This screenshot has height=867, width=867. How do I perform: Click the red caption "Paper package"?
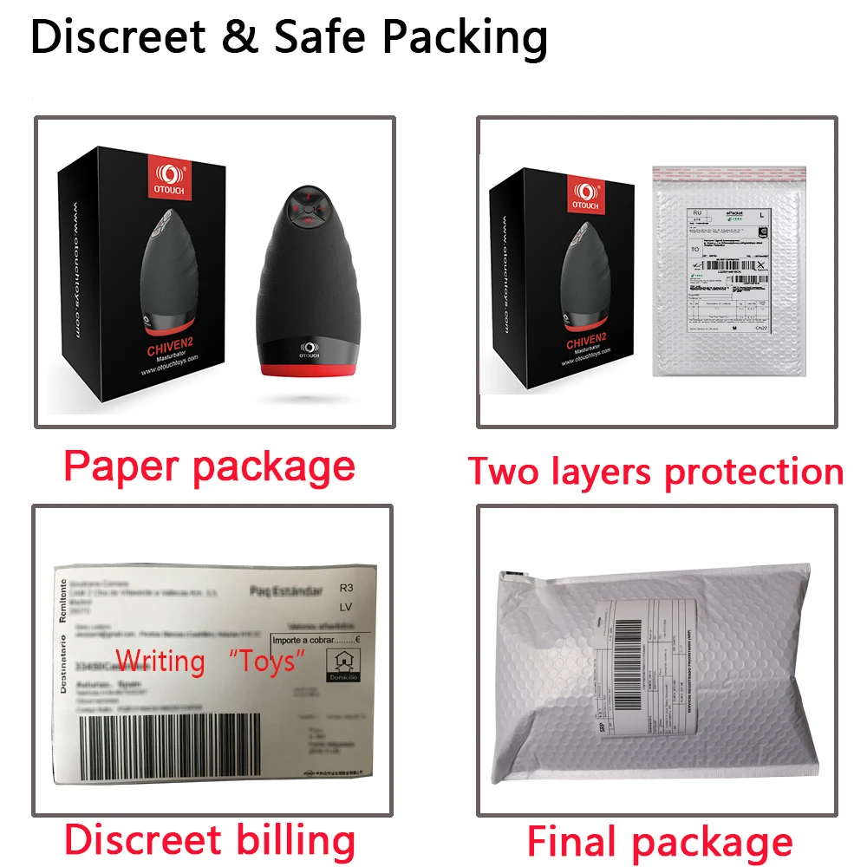[x=209, y=467]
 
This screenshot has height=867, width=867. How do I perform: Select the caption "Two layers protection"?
[x=655, y=472]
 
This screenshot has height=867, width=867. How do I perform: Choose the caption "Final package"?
[x=660, y=842]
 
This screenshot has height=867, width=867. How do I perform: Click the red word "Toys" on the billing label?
[x=266, y=661]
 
